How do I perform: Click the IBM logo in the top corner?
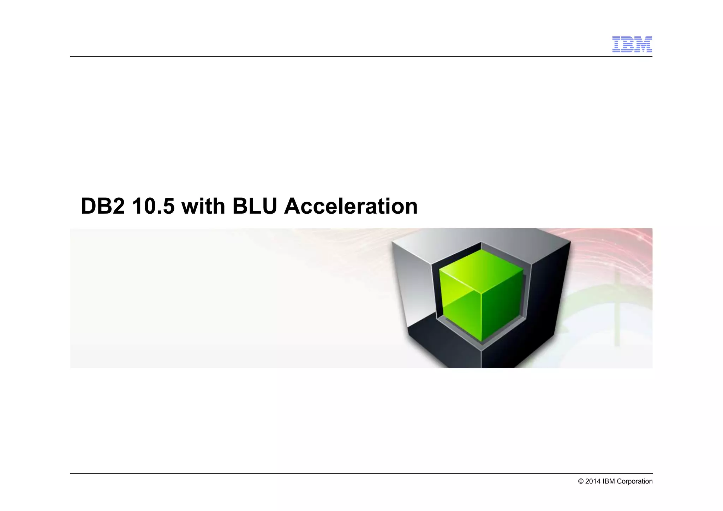coord(632,44)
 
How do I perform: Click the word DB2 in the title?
coord(103,206)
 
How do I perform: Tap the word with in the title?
coord(203,206)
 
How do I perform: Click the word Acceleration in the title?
coord(351,206)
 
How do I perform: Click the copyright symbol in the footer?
coord(581,481)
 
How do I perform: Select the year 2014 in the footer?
coord(593,481)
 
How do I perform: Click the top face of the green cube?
coord(481,270)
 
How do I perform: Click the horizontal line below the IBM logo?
coord(353,57)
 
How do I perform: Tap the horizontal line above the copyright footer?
coord(353,474)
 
